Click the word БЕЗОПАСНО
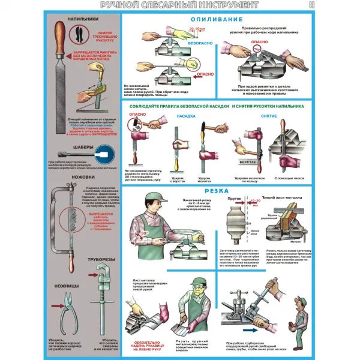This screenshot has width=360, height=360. point(200,43)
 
